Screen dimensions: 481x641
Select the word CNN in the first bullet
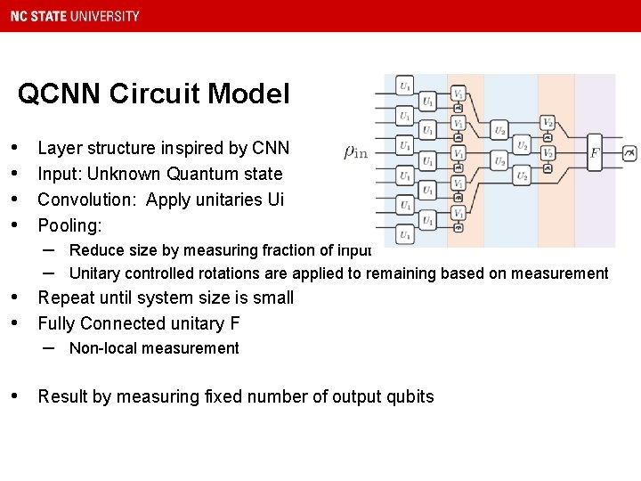pos(271,148)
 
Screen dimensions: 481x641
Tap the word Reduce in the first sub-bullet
pos(93,250)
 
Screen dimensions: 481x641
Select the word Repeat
pos(67,298)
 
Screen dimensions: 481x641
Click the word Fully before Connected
pos(56,323)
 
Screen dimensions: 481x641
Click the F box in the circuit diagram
pos(595,153)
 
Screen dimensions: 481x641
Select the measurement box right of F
pos(629,153)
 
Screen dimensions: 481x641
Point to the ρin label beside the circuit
pos(355,152)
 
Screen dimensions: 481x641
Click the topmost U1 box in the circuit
pos(405,86)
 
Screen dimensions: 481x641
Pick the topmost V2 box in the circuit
pos(548,122)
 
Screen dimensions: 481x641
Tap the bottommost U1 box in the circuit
pos(405,235)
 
